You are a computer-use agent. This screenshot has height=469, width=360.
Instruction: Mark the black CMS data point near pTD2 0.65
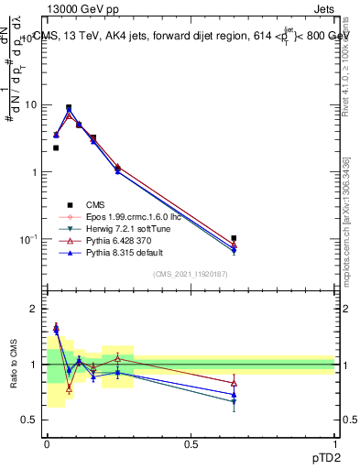point(234,238)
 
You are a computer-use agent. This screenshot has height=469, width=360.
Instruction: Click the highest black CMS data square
point(69,107)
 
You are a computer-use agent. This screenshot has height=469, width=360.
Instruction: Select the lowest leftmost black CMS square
point(56,147)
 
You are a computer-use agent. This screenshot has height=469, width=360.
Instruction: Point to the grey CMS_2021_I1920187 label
point(190,274)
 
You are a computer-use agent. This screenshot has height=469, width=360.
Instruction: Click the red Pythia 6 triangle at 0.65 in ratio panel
point(234,383)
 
